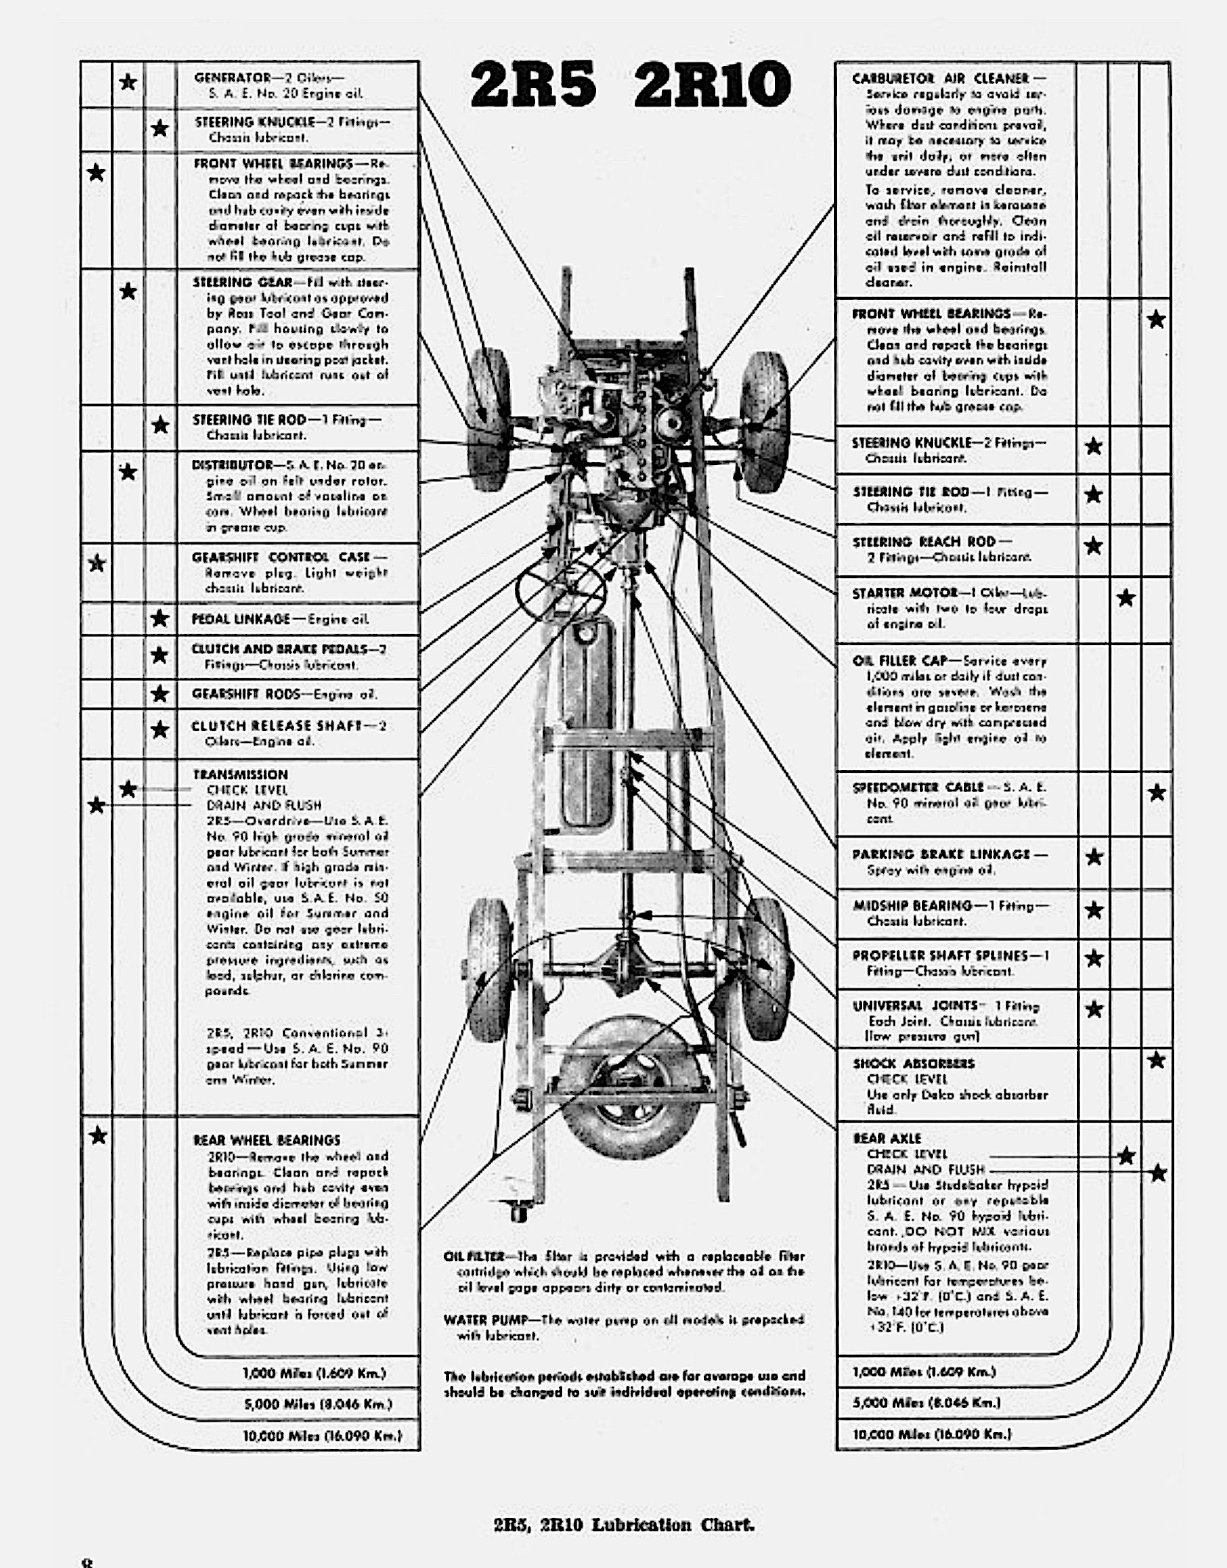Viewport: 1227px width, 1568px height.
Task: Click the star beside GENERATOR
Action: pyautogui.click(x=128, y=82)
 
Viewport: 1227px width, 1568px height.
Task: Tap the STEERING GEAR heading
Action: pyautogui.click(x=242, y=282)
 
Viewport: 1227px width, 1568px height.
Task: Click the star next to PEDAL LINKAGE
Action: pyautogui.click(x=159, y=618)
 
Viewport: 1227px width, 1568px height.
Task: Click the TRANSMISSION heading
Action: pyautogui.click(x=240, y=774)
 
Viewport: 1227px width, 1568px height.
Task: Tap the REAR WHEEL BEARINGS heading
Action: pyautogui.click(x=267, y=1140)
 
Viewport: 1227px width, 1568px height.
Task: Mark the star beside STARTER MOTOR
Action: pyautogui.click(x=1126, y=597)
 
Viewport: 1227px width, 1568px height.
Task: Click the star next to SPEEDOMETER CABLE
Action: pyautogui.click(x=1156, y=792)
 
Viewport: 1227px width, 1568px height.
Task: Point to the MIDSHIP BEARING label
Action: pyautogui.click(x=912, y=905)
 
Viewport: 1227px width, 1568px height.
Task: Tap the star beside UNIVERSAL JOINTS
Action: pyautogui.click(x=1094, y=1009)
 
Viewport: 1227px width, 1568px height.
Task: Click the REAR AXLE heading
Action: pyautogui.click(x=887, y=1138)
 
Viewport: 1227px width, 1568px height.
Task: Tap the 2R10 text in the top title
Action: pyautogui.click(x=711, y=84)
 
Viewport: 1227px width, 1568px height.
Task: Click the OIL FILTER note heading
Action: pyautogui.click(x=473, y=1256)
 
